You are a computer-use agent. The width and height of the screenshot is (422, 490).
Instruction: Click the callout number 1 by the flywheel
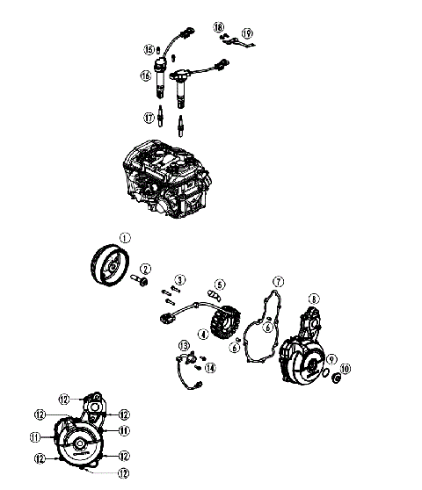click(x=124, y=237)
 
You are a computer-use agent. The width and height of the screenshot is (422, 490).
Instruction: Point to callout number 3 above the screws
click(x=179, y=279)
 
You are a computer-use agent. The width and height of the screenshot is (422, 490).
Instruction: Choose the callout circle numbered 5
click(x=220, y=285)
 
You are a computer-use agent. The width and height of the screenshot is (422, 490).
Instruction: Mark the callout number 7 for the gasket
click(x=277, y=282)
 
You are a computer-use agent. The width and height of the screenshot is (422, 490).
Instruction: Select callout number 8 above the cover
click(x=313, y=299)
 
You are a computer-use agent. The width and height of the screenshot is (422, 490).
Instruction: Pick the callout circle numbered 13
click(x=185, y=343)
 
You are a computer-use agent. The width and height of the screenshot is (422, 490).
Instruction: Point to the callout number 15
click(x=149, y=49)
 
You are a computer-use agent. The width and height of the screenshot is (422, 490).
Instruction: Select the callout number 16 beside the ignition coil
click(x=145, y=77)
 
